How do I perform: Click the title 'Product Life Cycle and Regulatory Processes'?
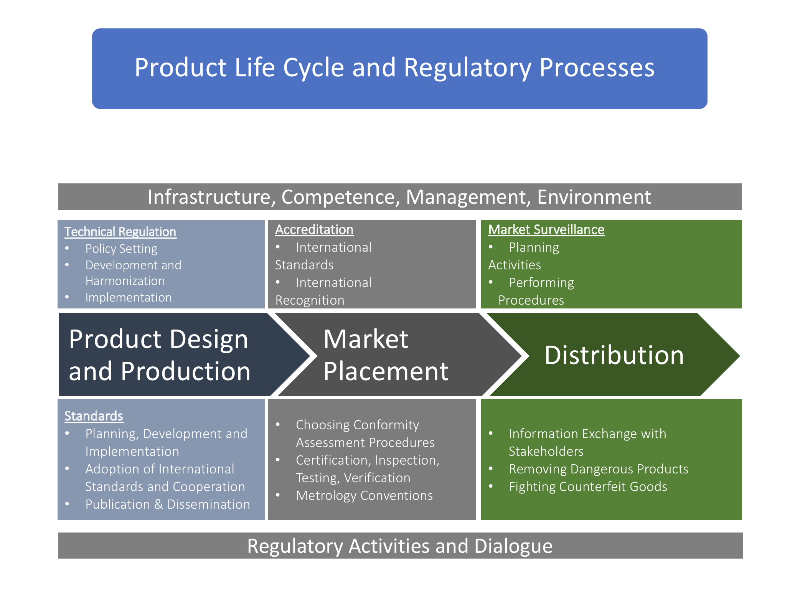[394, 68]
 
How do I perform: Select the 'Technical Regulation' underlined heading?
[120, 232]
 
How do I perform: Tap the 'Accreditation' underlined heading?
[314, 229]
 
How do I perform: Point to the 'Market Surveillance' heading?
[546, 229]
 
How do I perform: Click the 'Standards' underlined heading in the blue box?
[94, 416]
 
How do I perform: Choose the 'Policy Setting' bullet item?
[121, 249]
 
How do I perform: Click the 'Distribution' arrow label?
[614, 355]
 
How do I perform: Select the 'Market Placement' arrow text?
[386, 355]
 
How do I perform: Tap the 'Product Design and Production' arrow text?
[160, 355]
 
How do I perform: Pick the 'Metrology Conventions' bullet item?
[365, 496]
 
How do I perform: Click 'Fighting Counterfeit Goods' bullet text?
[588, 486]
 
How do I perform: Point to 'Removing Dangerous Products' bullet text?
[599, 469]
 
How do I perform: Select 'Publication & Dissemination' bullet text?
[168, 504]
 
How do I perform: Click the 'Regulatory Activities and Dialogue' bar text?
[400, 546]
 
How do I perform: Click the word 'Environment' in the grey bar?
[594, 197]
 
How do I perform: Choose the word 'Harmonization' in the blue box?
[125, 281]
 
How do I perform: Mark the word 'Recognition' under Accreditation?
[310, 300]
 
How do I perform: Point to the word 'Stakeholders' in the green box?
[546, 452]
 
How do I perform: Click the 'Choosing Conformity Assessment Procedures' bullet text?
[365, 434]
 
